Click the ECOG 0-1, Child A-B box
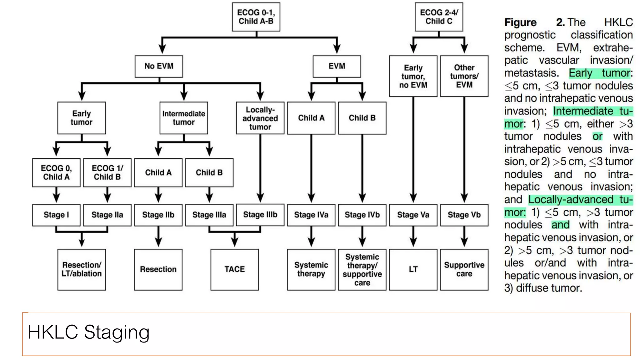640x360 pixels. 256,17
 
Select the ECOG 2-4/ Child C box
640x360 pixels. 439,17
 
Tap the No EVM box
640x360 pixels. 159,66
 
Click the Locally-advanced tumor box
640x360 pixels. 260,118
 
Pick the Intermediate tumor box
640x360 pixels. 184,118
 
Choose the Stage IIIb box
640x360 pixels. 260,215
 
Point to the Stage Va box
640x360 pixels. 413,215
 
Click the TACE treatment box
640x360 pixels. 235,269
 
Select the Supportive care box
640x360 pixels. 464,269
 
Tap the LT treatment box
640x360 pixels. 413,269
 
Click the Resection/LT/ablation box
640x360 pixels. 82,269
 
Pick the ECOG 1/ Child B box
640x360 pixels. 107,172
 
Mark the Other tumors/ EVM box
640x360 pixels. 464,76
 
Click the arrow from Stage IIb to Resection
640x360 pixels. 158,237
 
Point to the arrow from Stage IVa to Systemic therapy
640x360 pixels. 311,237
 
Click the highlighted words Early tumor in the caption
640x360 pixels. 599,73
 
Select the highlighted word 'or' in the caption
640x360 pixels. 597,137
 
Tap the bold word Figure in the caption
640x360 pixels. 520,22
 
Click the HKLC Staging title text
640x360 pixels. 88,332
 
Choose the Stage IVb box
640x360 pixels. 362,215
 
